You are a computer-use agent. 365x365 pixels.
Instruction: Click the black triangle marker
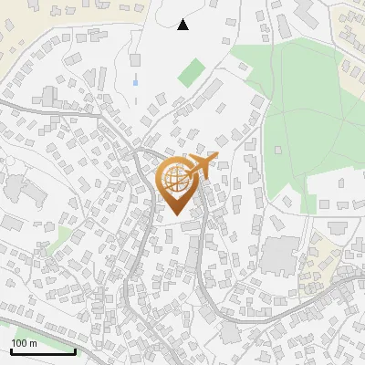coord(182,25)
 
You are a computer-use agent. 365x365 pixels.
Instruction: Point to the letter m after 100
coord(33,343)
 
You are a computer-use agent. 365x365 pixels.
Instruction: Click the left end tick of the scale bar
coord(10,349)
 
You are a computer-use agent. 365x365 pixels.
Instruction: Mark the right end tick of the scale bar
coord(75,349)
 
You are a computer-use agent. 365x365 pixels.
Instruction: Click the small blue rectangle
coord(136,82)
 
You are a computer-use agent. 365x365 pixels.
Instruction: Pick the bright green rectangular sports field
coord(192,73)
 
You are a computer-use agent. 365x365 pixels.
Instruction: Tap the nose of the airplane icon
coord(215,157)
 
